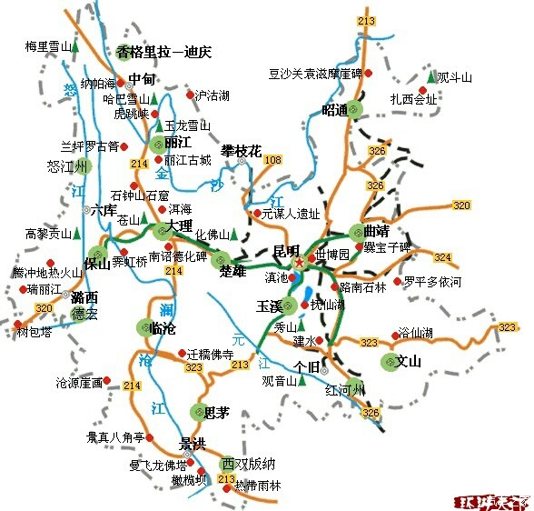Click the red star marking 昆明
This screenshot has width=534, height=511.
[x=299, y=262]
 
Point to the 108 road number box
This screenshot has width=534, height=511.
[x=272, y=160]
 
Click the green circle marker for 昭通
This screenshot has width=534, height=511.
[x=354, y=110]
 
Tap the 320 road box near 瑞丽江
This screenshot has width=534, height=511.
[x=44, y=309]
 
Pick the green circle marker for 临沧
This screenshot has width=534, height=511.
[x=145, y=327]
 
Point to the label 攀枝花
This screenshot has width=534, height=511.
[x=241, y=150]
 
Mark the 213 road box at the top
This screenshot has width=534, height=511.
[x=367, y=20]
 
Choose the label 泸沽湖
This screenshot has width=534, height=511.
[x=213, y=95]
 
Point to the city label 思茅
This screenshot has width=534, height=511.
[x=216, y=413]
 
